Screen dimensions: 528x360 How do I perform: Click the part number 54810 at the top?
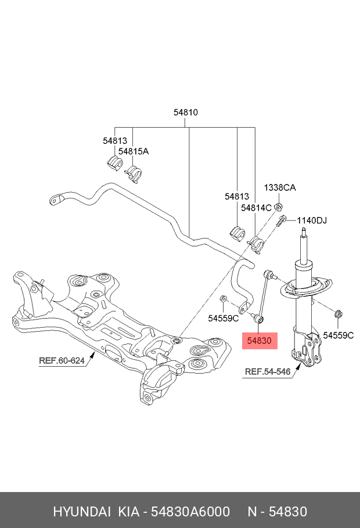186,113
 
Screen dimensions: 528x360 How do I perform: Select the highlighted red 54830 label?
260,341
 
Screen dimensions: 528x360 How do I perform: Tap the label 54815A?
134,151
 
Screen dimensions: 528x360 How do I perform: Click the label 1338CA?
280,187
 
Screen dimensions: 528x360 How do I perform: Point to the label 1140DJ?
312,220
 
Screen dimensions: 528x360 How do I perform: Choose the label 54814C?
257,207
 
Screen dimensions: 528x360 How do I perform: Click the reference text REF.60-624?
62,360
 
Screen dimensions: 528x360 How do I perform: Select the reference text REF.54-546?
268,372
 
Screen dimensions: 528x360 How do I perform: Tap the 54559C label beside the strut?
339,335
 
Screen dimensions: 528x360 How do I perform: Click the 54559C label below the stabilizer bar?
224,317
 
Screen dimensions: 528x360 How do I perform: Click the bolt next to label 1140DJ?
282,221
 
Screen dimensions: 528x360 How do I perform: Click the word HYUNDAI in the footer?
82,511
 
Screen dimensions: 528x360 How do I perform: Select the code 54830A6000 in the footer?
190,511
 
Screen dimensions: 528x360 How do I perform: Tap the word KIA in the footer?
129,511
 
